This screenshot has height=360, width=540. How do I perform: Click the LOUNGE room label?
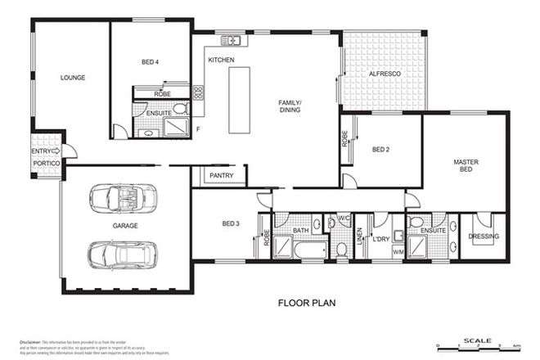pos(73,79)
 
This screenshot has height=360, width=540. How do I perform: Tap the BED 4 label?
pos(151,62)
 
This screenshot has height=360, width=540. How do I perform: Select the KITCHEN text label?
pos(222,61)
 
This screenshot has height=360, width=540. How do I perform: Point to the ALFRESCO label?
pos(384,74)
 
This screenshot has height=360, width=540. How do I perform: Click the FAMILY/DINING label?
pos(290,106)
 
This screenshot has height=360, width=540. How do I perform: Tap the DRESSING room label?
pos(484,237)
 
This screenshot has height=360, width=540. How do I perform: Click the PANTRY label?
pos(222,175)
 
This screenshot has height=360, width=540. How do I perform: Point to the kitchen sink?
pos(232,40)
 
